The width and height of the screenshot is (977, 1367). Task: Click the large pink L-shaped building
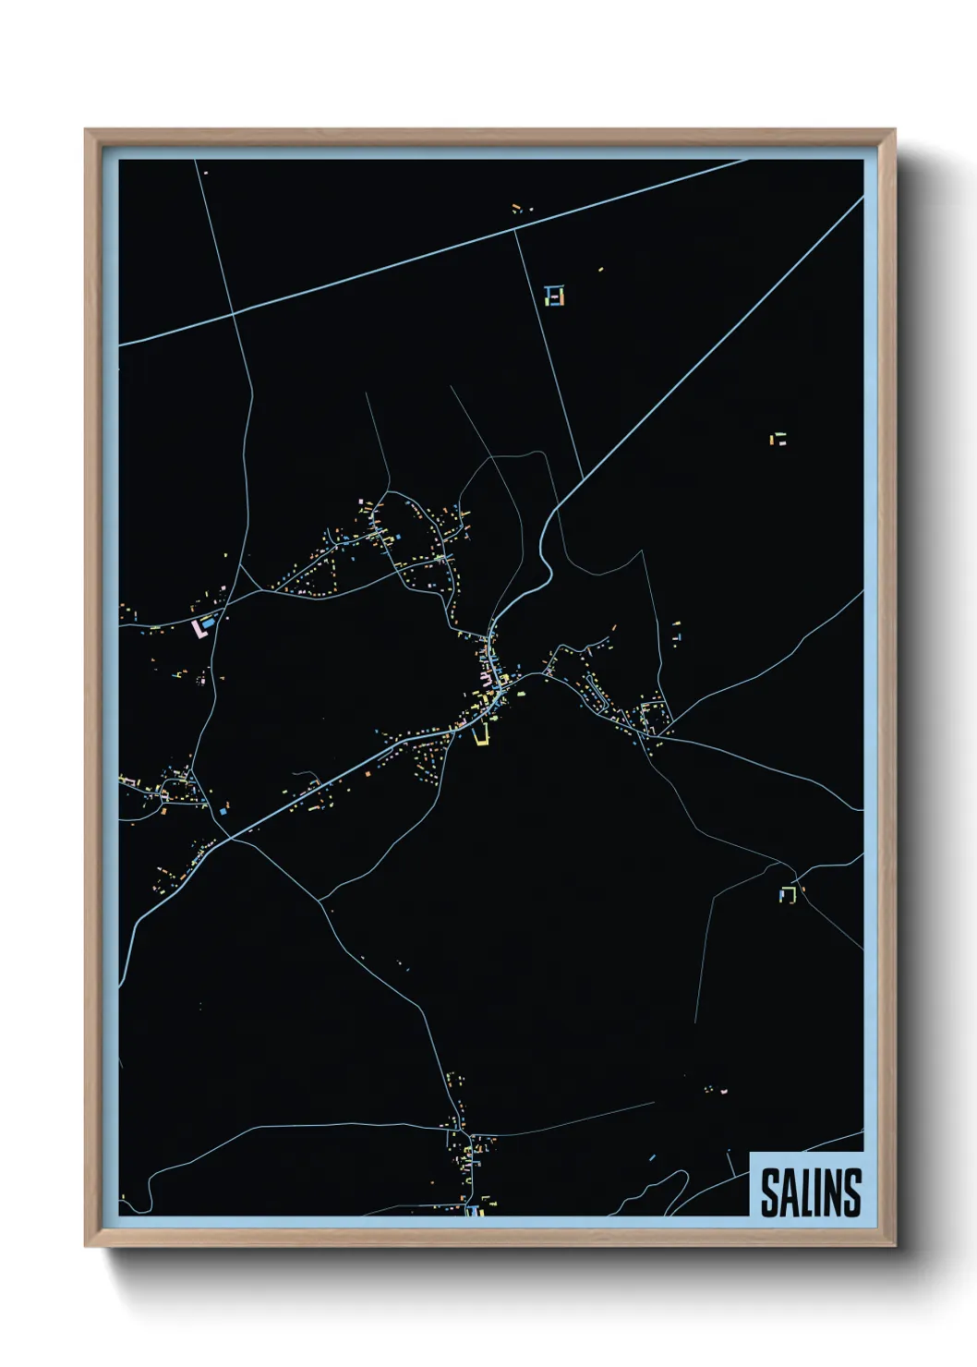tap(197, 630)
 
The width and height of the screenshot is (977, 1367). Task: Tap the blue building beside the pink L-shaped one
tap(210, 623)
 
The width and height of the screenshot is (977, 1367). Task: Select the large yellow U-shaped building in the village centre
tap(480, 736)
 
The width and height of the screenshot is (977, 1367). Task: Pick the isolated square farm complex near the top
tap(554, 296)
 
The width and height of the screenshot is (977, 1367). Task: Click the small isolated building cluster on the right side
tap(780, 439)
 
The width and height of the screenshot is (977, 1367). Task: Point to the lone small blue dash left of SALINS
tap(652, 1156)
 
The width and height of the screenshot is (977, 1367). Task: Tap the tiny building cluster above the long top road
tap(522, 209)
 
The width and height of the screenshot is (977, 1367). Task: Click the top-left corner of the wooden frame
tap(86, 130)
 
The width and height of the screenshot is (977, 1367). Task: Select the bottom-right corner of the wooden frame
tap(894, 1245)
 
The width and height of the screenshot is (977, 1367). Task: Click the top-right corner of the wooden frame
tap(894, 130)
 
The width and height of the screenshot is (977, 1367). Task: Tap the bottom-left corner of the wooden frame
tap(86, 1245)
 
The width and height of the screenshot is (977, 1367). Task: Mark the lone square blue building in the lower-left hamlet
tap(223, 810)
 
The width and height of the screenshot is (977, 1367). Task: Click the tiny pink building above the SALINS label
tap(725, 1091)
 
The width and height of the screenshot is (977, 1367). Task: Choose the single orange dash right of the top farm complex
tap(601, 270)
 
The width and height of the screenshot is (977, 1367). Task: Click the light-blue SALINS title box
tap(806, 1185)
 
